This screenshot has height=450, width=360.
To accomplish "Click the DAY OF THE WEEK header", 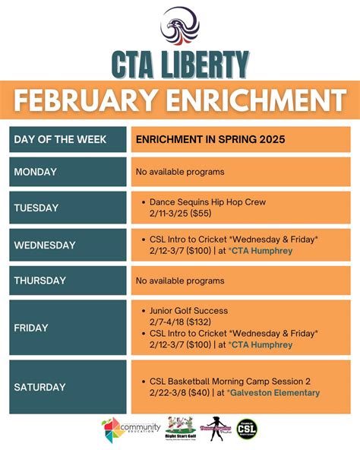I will point(60,140).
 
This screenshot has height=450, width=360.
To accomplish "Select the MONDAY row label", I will point(36,172).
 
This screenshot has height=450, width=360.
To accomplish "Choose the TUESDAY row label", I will point(36,208).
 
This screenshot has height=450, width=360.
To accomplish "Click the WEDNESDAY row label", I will point(45,245).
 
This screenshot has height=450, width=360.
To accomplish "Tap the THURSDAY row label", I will point(41,280).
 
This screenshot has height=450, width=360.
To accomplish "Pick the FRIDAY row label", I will point(31,328).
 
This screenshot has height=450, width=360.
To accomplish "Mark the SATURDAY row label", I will point(39,387).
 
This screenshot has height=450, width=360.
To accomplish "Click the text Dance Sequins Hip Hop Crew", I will point(207,202).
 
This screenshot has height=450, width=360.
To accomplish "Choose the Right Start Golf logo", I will point(179,429).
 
